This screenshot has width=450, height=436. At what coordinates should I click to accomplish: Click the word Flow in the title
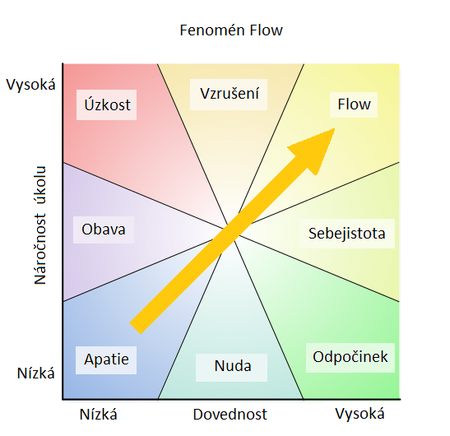coord(267,30)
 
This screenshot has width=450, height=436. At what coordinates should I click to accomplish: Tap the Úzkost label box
coord(106,104)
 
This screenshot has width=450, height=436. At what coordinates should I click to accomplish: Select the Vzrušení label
coord(229,95)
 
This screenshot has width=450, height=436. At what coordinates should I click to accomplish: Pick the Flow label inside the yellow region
coord(354,104)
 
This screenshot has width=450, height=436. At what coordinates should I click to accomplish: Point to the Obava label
coord(104,230)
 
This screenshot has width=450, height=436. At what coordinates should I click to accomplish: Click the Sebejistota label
coord(347,234)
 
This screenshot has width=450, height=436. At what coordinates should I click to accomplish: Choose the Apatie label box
coord(106,360)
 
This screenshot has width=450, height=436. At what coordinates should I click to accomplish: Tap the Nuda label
coord(232,368)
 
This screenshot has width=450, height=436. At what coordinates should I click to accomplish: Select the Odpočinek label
coord(350,358)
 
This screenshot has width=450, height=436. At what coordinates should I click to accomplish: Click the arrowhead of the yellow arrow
coord(334,129)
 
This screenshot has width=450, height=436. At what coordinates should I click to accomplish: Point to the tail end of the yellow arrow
coord(135,329)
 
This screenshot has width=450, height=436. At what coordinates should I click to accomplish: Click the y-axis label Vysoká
coord(31,85)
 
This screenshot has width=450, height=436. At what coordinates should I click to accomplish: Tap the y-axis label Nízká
coord(36,373)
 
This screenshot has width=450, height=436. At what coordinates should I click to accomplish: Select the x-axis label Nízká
coord(99,415)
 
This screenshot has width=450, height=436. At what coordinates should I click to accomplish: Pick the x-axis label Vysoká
coord(360,414)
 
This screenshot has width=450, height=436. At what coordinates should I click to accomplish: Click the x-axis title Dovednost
coord(230,415)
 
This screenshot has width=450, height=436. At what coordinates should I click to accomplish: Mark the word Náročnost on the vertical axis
coord(40,249)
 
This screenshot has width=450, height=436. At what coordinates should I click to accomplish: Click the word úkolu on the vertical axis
coord(40,185)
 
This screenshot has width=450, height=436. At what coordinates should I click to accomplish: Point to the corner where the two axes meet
coord(63,399)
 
